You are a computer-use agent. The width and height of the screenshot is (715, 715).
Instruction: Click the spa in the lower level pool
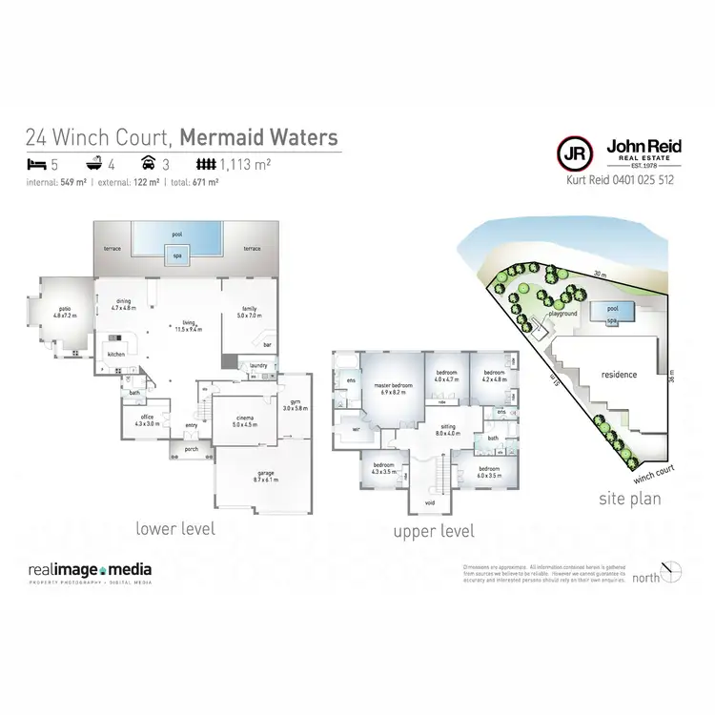tap(177, 255)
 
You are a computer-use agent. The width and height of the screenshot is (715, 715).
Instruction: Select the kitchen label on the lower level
tap(115, 354)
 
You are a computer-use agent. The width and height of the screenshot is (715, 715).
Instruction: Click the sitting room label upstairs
tap(447, 429)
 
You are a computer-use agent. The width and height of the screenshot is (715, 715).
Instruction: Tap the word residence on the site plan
tap(618, 375)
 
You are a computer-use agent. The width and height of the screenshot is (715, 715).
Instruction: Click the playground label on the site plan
tap(563, 313)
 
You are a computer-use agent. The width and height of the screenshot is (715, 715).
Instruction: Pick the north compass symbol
tap(675, 572)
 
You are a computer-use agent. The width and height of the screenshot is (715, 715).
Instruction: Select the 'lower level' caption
tap(175, 527)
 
